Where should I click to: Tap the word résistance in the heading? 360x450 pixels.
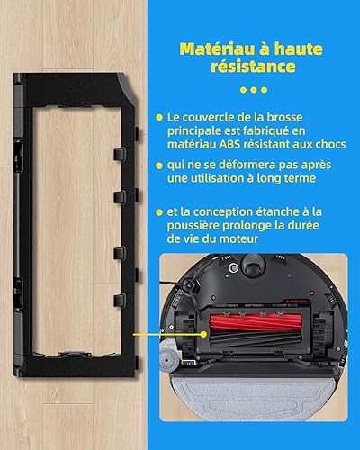tap(253, 67)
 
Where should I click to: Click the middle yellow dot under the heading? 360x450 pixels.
tap(254, 90)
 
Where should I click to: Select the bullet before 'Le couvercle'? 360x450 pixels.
tap(159, 118)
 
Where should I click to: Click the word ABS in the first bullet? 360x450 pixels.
tap(229, 144)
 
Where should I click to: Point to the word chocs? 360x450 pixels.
tap(330, 144)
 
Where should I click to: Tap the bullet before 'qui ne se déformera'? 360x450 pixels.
tap(159, 166)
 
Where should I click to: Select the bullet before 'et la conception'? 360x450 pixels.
tap(159, 212)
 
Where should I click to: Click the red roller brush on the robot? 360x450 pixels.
tap(255, 322)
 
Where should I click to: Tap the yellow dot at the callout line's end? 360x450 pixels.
tap(203, 334)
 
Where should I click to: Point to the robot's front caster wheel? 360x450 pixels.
tap(254, 262)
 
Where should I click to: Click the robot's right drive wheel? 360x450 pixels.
tap(323, 332)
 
